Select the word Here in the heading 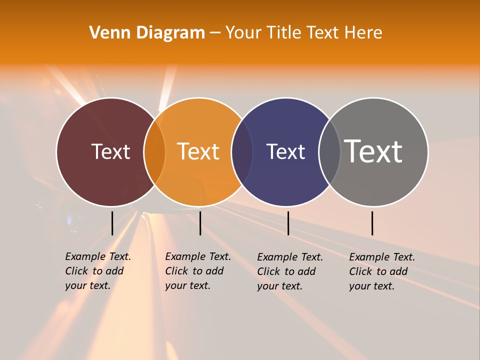tap(363, 33)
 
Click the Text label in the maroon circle tap(110, 151)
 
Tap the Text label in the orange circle tap(198, 151)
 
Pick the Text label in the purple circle tap(285, 151)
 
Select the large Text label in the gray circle tap(373, 151)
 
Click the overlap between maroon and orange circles tap(154, 152)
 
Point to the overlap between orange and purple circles tap(242, 152)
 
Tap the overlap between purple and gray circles tap(329, 152)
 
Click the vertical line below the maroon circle tap(112, 223)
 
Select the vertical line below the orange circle tap(200, 223)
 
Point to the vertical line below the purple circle tap(288, 223)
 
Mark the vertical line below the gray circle tap(372, 223)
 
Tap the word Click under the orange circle tap(176, 271)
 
